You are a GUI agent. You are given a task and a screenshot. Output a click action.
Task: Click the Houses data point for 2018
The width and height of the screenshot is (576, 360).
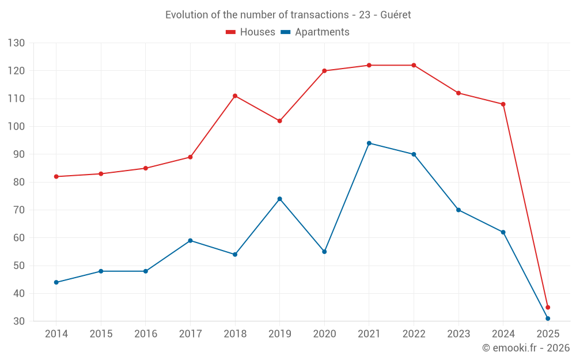pos(235,96)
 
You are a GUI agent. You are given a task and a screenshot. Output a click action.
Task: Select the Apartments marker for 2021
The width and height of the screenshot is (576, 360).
pos(369,143)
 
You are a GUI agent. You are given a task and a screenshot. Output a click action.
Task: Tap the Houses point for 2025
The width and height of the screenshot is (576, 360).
pos(548,308)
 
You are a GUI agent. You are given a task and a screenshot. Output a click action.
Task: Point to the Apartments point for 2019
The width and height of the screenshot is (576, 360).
pos(280,199)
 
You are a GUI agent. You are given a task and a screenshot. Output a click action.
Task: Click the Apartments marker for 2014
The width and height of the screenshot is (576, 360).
pos(56,282)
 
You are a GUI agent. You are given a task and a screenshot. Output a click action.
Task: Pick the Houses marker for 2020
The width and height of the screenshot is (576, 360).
pos(324,71)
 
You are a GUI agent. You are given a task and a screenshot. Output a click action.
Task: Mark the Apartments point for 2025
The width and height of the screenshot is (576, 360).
pos(548,319)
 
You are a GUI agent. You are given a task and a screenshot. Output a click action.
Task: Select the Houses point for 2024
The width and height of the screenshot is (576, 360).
pos(503,104)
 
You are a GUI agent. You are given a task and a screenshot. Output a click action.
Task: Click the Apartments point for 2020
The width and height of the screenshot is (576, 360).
pos(324,252)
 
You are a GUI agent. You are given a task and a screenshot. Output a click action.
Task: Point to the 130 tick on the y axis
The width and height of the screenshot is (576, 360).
pos(17,43)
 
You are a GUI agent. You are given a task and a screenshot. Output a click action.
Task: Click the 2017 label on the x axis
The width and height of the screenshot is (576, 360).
pos(190,334)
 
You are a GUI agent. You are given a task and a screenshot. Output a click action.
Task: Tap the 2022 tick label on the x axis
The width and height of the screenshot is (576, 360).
pos(414,334)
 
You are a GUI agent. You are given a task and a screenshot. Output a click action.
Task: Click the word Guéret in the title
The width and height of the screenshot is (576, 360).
pos(396,15)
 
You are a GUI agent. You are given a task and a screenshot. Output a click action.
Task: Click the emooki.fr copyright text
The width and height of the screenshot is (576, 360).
pos(526,348)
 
